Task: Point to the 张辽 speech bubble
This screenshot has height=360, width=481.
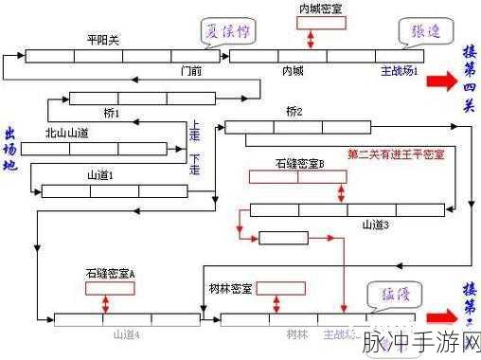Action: (x=419, y=31)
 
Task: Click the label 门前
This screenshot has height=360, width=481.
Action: (x=191, y=70)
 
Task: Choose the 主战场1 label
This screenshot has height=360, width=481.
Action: (x=399, y=70)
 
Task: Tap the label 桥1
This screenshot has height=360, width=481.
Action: (x=112, y=114)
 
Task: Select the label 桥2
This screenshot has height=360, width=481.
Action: (x=294, y=112)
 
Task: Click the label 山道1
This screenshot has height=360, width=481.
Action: (x=100, y=175)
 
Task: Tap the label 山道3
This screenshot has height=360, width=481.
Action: (x=375, y=225)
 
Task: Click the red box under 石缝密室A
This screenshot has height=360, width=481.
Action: (x=110, y=287)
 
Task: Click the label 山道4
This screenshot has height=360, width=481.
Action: (x=126, y=333)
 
